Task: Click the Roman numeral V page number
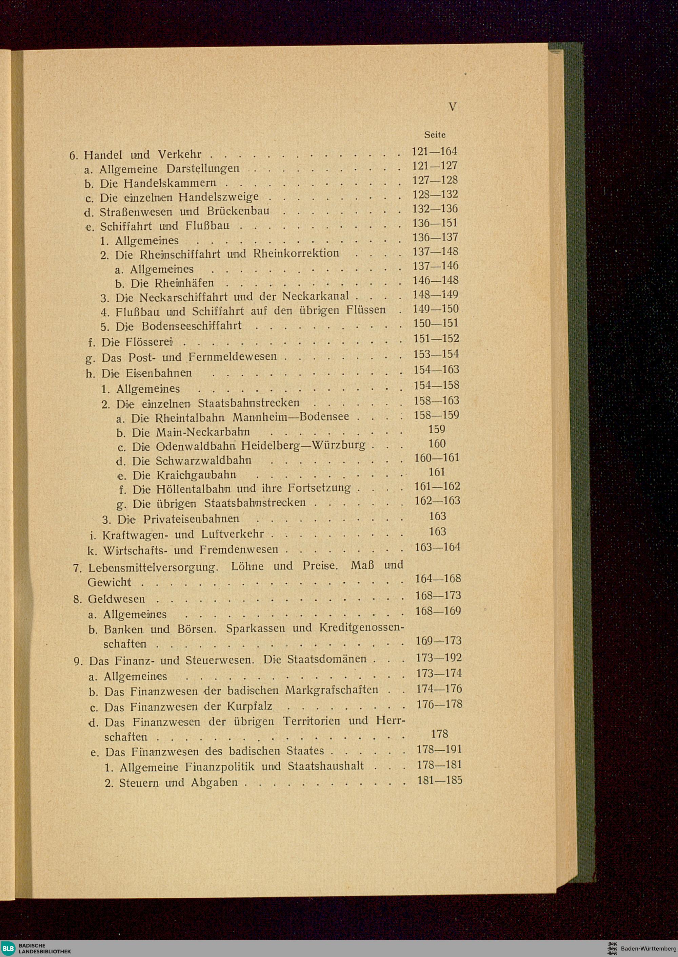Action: coord(453,107)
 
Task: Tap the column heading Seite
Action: coord(435,135)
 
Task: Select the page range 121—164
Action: coord(435,151)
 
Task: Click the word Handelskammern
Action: coord(170,184)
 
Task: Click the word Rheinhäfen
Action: coord(184,283)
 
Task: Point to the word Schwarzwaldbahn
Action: coord(203,461)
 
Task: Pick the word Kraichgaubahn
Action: coord(196,475)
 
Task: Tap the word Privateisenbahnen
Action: coord(191,519)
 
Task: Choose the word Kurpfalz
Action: coord(250,707)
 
